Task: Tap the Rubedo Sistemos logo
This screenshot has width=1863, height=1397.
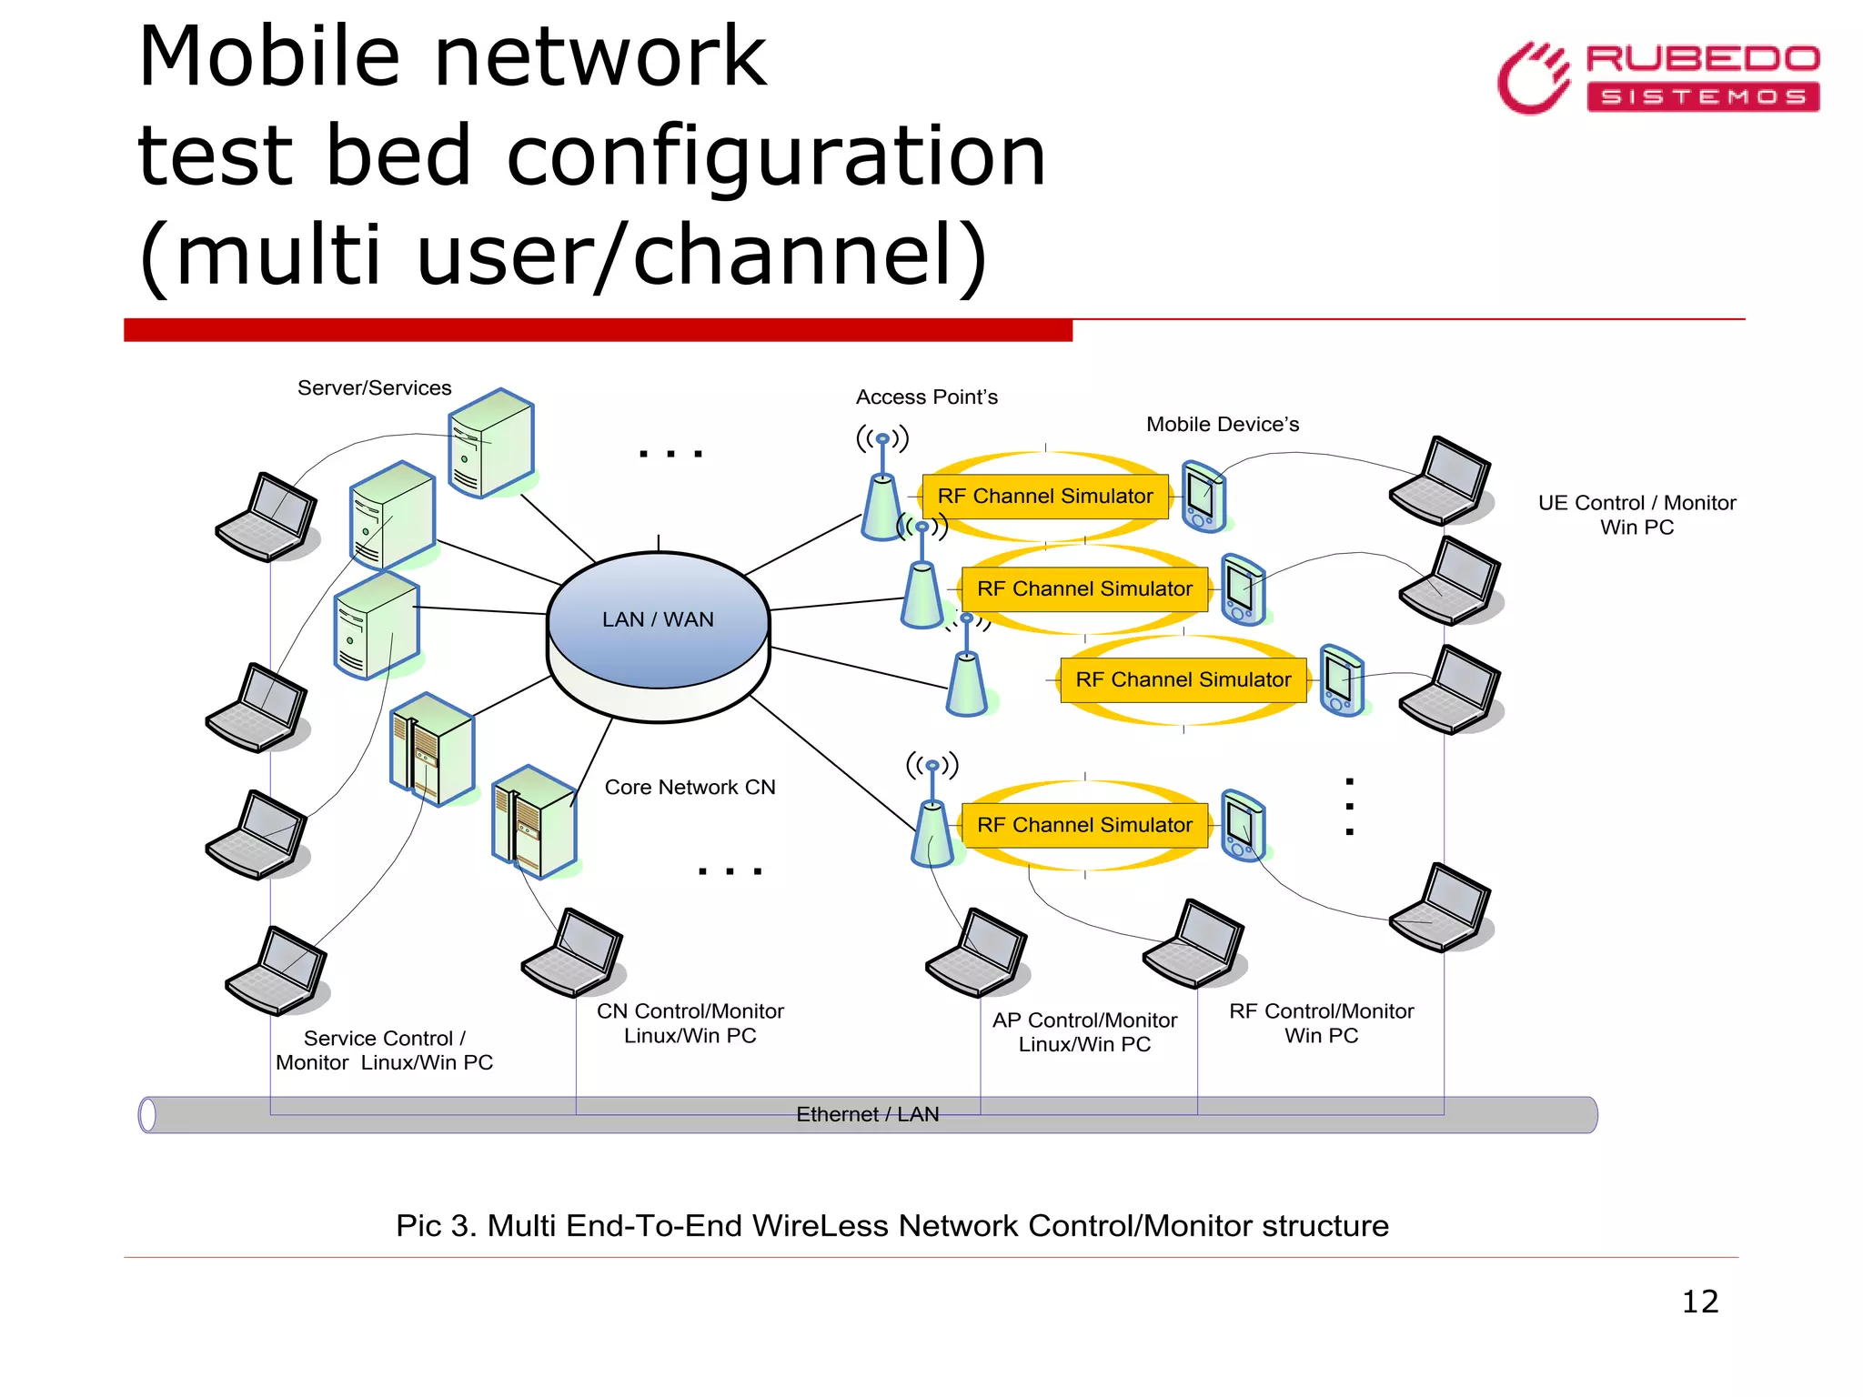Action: point(1657,78)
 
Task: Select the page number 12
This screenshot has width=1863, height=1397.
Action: point(1699,1302)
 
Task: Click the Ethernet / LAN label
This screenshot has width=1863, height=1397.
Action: point(867,1114)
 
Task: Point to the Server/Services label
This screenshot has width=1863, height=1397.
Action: point(374,388)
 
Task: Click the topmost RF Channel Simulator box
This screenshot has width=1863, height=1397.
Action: point(1044,497)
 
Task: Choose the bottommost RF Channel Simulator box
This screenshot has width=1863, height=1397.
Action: point(1084,825)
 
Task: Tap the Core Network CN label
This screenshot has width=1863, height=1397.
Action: point(690,788)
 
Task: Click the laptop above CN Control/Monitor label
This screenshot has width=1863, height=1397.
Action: point(573,953)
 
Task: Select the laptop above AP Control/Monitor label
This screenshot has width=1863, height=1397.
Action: point(977,953)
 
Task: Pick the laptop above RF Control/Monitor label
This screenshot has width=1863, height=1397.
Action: point(1193,944)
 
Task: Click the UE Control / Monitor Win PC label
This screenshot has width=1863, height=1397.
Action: point(1636,515)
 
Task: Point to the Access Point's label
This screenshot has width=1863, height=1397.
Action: point(926,397)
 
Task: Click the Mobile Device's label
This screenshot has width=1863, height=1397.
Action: point(1222,425)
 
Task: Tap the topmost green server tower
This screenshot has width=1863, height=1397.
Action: point(491,443)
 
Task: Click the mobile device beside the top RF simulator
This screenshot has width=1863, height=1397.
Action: point(1203,497)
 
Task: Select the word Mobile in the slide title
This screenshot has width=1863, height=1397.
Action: point(268,57)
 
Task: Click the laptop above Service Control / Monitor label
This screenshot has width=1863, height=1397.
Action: point(277,971)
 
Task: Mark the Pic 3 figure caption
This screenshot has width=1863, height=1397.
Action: point(891,1226)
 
